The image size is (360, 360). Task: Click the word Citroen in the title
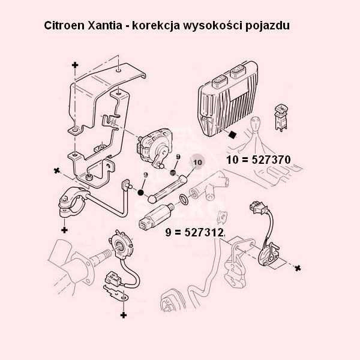click(64, 25)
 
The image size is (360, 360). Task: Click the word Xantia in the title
click(105, 25)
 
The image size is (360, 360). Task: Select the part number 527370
click(271, 160)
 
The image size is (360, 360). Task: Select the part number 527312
click(205, 233)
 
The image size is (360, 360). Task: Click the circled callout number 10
click(197, 163)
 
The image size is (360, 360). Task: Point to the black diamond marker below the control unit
click(233, 134)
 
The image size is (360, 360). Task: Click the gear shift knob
click(256, 124)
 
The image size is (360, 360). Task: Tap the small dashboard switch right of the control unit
click(281, 118)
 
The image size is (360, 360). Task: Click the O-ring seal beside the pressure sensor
click(184, 199)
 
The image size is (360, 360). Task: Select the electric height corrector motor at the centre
click(155, 146)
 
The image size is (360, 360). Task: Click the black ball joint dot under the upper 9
click(173, 172)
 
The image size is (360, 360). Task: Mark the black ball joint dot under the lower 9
click(140, 192)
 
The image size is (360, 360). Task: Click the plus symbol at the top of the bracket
click(75, 65)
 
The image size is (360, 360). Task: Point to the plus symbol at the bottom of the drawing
click(124, 315)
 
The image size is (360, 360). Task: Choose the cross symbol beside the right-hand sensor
click(298, 268)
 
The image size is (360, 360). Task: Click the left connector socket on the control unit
click(220, 81)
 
